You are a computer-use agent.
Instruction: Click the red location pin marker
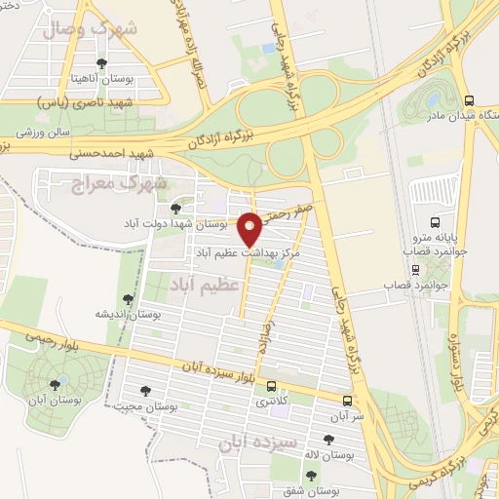(x=250, y=229)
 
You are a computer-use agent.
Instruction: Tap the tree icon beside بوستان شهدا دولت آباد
(x=175, y=208)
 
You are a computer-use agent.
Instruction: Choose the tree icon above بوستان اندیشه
(x=127, y=299)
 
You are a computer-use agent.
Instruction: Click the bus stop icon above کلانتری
(x=271, y=386)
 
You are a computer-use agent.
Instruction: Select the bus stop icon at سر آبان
(x=348, y=400)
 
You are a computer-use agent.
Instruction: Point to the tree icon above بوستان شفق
(x=310, y=476)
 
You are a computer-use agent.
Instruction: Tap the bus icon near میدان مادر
(x=470, y=99)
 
